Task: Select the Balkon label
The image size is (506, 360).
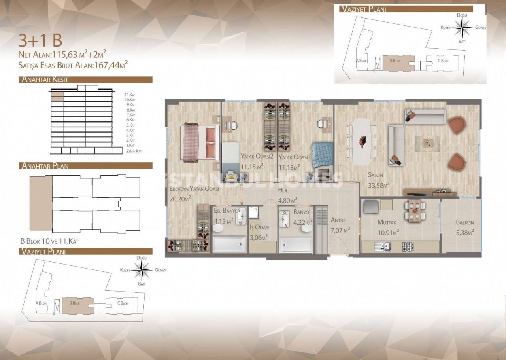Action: click(464, 222)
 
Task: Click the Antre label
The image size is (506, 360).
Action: click(338, 220)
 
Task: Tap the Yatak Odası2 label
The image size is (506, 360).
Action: click(257, 157)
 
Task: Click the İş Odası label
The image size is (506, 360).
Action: click(259, 227)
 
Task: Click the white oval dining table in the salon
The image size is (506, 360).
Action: click(362, 142)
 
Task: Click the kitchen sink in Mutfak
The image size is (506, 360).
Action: click(383, 246)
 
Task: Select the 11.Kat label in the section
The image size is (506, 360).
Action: click(130, 95)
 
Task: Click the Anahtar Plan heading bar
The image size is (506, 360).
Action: click(85, 165)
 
